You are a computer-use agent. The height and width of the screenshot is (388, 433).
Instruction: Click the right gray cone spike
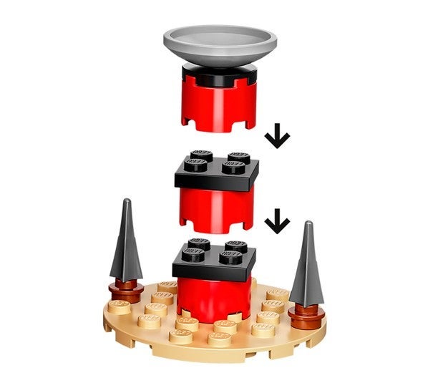tap(306, 266)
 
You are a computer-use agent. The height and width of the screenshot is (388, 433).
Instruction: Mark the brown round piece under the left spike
tap(125, 290)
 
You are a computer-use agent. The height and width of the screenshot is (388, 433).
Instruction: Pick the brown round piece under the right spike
tap(306, 313)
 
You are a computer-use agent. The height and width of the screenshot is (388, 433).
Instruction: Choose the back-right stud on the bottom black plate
tap(235, 246)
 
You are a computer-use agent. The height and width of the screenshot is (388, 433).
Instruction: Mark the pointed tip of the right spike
tap(309, 224)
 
